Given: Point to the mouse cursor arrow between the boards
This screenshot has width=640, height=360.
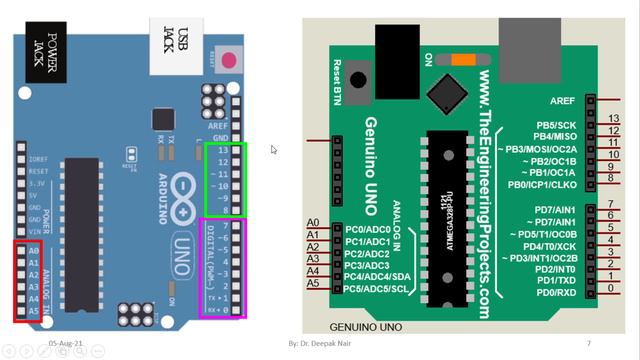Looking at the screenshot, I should [x=274, y=150].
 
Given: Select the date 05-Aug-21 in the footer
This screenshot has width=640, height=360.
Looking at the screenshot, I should [x=65, y=342].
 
